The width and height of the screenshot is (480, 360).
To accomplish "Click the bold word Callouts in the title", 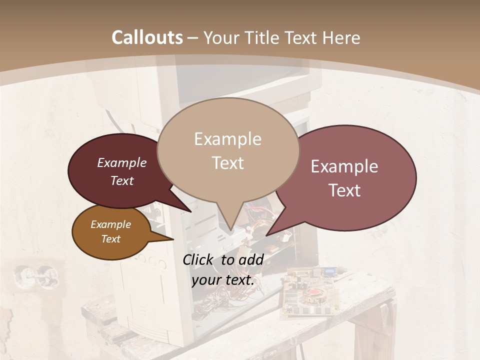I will (147, 37).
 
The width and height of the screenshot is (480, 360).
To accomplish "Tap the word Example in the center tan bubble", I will (227, 139).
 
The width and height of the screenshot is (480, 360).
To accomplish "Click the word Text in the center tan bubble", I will (227, 163).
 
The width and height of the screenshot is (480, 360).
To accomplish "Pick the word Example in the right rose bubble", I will (344, 166).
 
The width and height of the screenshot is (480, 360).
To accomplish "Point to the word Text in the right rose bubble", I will (344, 190).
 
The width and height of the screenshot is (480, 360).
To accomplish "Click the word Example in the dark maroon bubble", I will (122, 163).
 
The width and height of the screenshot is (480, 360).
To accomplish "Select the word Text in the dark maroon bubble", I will (122, 180).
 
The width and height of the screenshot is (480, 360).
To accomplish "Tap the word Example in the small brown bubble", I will (111, 224).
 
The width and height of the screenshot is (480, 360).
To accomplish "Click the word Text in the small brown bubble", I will (111, 239).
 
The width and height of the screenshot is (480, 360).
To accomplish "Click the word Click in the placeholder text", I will (198, 259).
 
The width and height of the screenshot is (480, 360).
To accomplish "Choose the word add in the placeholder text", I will (251, 259).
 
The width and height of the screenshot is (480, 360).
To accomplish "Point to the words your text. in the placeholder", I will (223, 280).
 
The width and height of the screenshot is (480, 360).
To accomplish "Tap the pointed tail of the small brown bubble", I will (170, 238).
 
